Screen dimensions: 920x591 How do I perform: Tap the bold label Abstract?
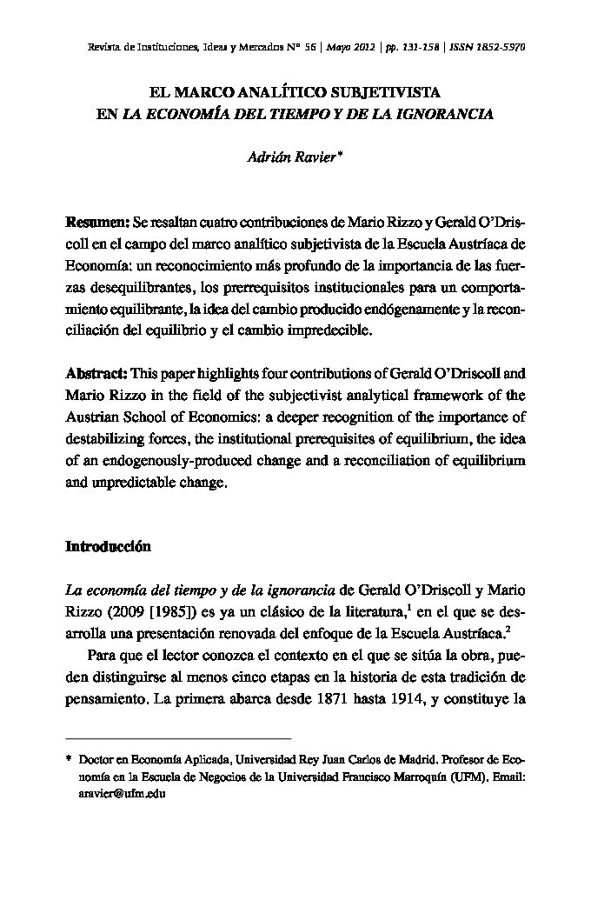coord(96,376)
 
